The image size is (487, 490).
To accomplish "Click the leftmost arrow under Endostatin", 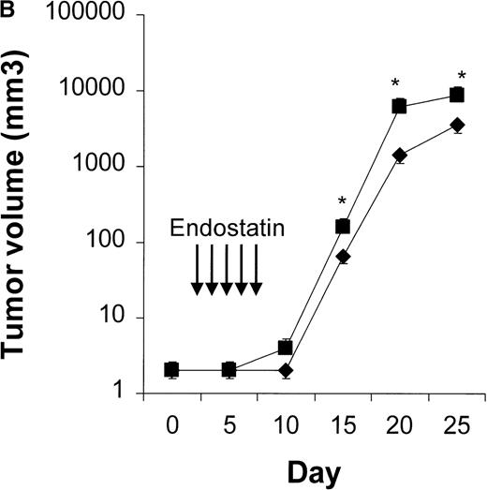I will coord(197,271).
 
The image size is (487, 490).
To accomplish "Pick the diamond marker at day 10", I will coord(286,370).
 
